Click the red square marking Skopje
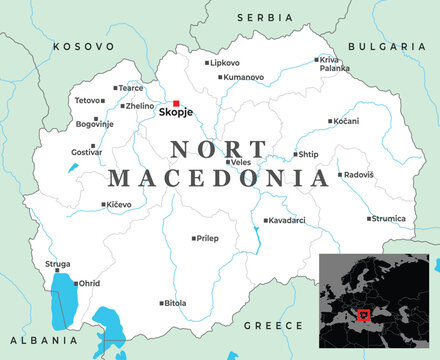coord(177,103)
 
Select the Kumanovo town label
coord(245,77)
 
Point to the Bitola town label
coord(174,302)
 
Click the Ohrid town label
coord(89,283)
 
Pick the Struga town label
coord(58,264)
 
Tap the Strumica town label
coord(387,218)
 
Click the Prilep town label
coord(206,239)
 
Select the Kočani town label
coord(346,121)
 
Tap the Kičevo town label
coord(119,204)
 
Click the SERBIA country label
coord(264,18)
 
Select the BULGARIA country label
coord(387,46)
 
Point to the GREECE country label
coord(273,325)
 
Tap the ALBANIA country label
coord(31,339)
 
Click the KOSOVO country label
coord(84,46)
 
